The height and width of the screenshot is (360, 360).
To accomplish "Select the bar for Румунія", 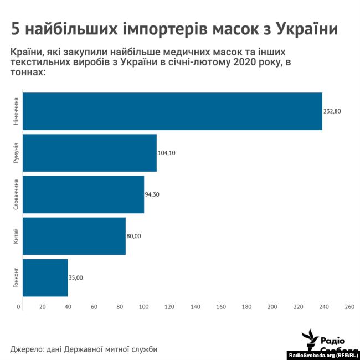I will (89, 153).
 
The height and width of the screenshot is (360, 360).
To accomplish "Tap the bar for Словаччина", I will (83, 194).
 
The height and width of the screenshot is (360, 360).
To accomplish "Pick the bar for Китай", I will (74, 236).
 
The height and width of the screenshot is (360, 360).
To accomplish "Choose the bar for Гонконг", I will (45, 277).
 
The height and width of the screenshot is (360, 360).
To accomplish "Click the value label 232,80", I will (332, 111).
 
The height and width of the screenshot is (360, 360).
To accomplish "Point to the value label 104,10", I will (167, 153).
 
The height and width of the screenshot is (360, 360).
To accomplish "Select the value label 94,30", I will (152, 194).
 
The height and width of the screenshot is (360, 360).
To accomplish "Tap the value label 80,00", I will (134, 236).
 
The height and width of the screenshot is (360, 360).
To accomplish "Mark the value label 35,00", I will (76, 277).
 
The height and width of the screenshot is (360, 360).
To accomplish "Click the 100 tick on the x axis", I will (145, 306).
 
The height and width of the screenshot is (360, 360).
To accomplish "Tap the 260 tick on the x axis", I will (349, 306).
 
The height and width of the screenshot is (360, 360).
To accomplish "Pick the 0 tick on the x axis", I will (19, 306).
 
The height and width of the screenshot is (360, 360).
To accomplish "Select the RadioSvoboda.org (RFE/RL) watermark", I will (324, 355).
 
